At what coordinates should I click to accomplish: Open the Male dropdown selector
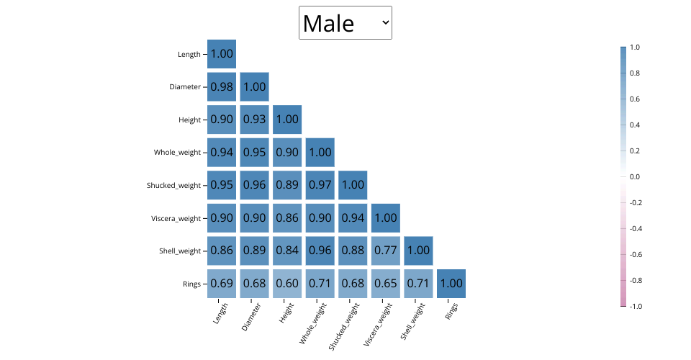345,23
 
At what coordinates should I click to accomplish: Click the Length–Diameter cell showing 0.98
222,86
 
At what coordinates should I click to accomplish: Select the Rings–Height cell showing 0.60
287,284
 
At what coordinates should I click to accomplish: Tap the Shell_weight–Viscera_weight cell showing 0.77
386,251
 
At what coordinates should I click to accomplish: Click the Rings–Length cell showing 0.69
222,284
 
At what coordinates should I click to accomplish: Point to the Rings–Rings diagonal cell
451,284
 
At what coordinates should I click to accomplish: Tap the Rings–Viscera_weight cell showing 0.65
386,284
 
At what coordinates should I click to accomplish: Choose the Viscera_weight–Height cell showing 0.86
287,218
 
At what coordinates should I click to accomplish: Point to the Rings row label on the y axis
191,284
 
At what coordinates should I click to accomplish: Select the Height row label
189,120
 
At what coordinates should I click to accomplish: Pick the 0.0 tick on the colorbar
635,176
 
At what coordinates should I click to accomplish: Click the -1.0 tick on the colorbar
636,306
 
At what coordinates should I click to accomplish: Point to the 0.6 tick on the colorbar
635,99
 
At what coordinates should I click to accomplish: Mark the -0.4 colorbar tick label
636,228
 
